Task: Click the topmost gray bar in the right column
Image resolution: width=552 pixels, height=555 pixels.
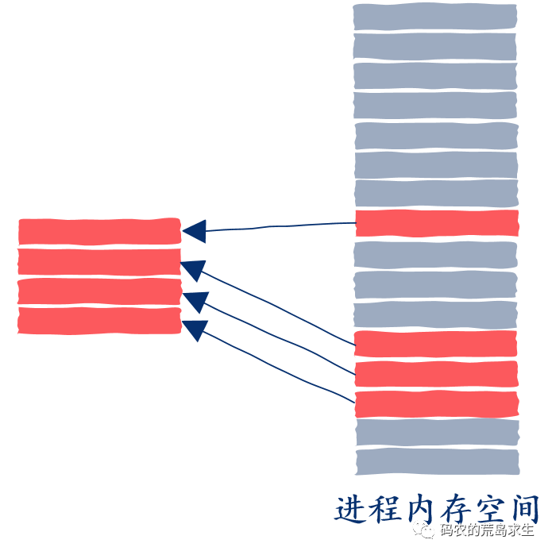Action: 434,16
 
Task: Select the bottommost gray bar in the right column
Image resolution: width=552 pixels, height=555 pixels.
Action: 437,462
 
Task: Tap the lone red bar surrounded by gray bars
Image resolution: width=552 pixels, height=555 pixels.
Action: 437,223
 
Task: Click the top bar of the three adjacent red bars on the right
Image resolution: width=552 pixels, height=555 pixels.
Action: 435,343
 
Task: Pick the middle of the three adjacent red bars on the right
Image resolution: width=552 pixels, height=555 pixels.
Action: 435,373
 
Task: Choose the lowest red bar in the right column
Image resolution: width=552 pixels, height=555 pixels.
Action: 435,403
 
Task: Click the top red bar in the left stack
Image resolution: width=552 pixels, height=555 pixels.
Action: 100,230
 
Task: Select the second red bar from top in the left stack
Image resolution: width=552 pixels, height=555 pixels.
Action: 100,261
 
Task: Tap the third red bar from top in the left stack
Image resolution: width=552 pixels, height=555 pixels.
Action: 100,291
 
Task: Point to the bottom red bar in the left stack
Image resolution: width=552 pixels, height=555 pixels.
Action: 100,320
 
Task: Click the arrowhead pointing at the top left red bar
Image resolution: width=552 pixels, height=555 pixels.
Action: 195,231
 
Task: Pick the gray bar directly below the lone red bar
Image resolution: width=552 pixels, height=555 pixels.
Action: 435,254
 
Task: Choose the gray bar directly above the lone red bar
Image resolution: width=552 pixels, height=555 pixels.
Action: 435,193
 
